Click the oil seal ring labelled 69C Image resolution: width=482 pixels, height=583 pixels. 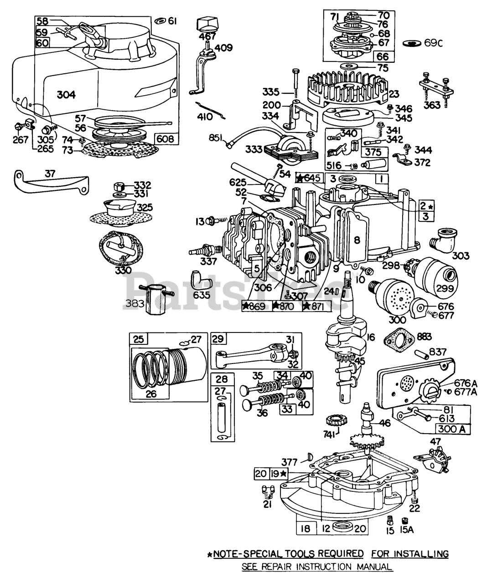point(413,44)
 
